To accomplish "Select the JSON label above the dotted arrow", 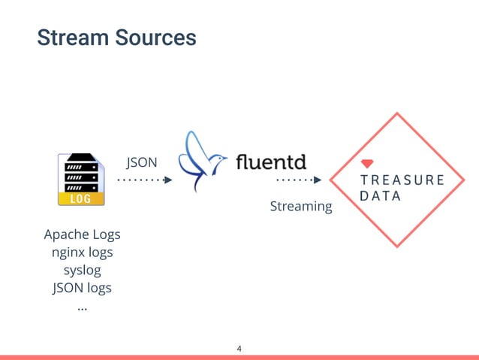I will coord(141,162).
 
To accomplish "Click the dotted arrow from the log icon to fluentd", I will coord(144,180).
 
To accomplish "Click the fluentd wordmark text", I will coord(271,162).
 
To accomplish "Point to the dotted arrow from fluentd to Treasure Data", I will coord(299,180).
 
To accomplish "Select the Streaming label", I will coord(300,206).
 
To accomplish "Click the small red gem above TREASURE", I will coord(368,163).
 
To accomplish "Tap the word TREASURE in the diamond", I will coord(402,180).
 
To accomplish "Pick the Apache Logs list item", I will coord(82,234).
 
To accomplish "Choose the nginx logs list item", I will coord(82,252).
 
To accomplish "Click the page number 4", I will coord(239,348).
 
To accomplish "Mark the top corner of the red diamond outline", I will coord(396,113).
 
